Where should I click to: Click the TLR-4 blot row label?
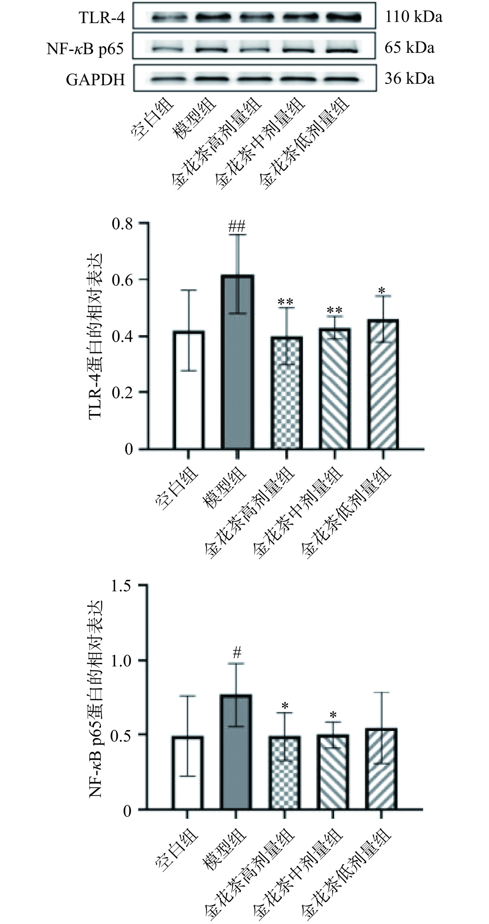click(102, 17)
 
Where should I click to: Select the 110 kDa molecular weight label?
click(413, 17)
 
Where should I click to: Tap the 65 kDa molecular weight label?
click(409, 48)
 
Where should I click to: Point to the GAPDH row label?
click(95, 79)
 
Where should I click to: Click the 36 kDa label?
click(409, 79)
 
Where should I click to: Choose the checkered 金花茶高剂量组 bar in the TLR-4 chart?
click(287, 393)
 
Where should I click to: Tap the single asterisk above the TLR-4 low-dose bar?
click(382, 291)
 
